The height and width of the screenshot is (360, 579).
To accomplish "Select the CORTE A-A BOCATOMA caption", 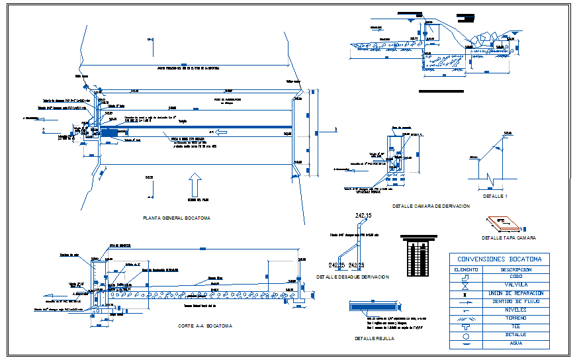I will click(204, 326).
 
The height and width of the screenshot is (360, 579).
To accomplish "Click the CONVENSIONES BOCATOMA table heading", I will click(499, 259).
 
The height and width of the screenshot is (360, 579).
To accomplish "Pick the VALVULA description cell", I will click(515, 285).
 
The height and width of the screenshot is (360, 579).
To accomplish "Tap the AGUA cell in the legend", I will click(515, 343).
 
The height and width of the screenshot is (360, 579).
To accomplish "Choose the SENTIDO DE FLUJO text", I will click(515, 301).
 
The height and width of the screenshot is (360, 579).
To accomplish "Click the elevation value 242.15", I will click(364, 216).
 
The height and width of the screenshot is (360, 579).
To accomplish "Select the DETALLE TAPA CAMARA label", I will click(508, 238).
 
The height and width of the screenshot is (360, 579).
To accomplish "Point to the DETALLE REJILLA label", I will click(374, 338).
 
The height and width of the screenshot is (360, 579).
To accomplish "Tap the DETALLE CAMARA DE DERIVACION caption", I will click(430, 206).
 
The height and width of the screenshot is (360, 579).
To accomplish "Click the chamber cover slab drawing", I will click(502, 223).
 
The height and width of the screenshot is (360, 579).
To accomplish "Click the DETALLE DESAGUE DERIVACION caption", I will click(353, 277).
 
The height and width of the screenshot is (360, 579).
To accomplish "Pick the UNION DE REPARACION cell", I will click(515, 293).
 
